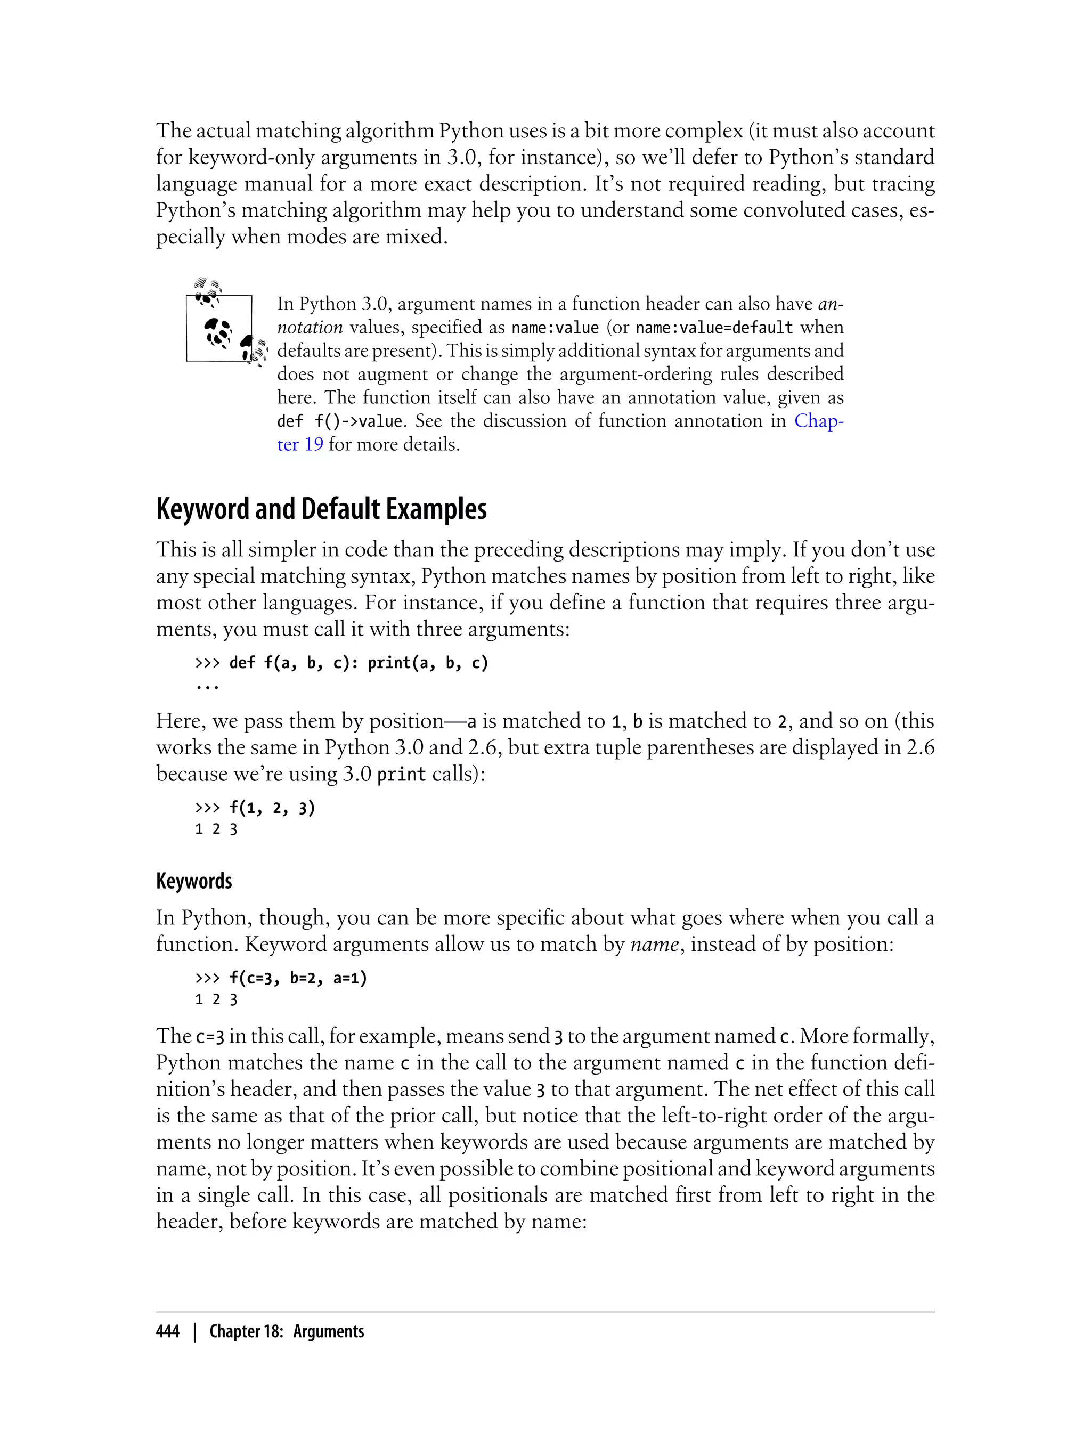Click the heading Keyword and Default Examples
[321, 509]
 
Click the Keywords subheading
[193, 881]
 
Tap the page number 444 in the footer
[168, 1331]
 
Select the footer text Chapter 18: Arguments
[287, 1331]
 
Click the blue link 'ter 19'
[300, 445]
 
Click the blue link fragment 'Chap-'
[818, 421]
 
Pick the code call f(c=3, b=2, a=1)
[297, 978]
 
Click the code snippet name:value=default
[714, 327]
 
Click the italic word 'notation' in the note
[310, 327]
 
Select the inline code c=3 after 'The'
[210, 1037]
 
